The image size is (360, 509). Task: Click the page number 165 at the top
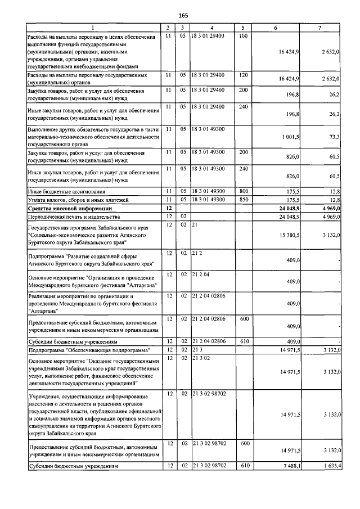coord(183,15)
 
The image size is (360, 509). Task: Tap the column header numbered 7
coord(319,28)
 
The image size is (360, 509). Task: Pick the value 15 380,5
coord(290,234)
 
